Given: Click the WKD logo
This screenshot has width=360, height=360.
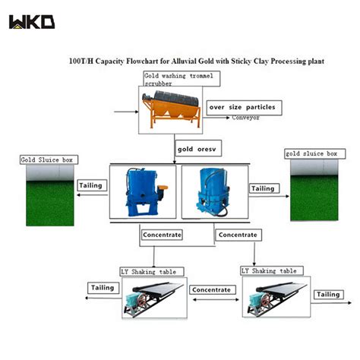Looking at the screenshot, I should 31,21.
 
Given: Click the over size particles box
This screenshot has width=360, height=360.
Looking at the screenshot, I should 242,107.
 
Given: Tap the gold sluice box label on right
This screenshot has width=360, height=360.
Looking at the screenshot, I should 311,154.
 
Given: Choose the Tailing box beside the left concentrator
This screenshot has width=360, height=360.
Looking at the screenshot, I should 91,185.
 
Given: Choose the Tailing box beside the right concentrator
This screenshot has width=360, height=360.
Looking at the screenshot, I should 263,188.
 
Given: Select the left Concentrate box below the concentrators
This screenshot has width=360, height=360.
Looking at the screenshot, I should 162,235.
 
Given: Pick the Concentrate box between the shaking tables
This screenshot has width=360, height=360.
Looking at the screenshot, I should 210,289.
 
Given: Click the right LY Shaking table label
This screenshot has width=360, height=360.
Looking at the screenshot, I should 271,270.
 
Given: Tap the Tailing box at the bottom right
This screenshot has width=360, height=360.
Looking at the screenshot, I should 328,294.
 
